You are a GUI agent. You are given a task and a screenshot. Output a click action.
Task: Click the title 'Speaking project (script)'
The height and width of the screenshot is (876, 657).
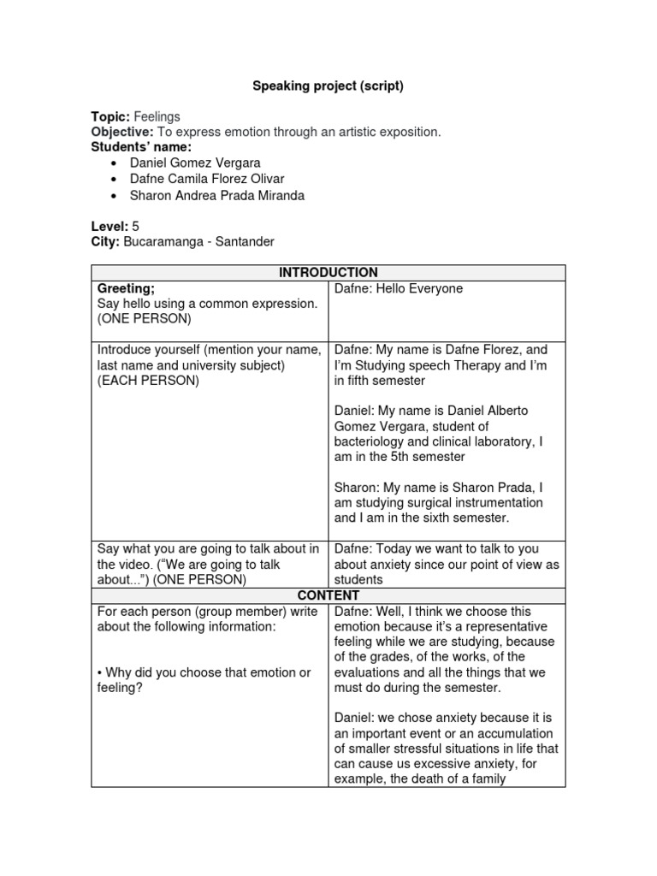328,86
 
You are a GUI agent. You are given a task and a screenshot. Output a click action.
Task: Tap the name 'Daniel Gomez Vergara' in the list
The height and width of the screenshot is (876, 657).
195,163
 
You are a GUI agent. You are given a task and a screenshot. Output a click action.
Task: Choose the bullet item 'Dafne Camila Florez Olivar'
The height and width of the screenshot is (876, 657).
207,179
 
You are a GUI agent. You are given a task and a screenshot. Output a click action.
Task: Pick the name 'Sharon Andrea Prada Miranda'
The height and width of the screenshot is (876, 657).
216,195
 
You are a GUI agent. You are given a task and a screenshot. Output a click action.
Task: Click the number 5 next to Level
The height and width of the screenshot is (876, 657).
135,226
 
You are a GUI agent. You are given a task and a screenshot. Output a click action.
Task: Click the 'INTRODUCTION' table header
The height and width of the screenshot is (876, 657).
328,273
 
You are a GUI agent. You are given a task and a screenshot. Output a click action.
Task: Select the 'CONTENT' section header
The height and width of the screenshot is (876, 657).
328,595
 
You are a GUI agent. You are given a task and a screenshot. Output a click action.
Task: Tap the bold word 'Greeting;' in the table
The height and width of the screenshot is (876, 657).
126,288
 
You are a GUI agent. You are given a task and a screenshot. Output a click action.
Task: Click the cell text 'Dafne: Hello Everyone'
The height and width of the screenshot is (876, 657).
398,288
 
